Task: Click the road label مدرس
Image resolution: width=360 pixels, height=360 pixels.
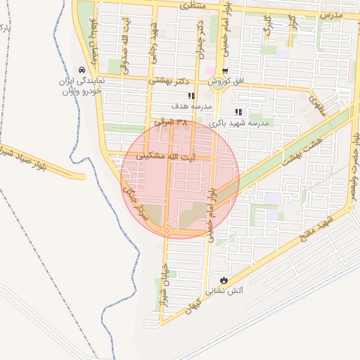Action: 330,14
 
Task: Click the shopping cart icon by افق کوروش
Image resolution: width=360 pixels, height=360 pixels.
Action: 224,72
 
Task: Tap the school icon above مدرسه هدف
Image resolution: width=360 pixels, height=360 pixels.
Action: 191,96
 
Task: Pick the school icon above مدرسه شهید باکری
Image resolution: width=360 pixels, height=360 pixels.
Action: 238,112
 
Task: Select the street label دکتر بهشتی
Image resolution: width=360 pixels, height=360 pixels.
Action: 171,82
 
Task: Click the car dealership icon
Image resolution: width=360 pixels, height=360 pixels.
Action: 83,70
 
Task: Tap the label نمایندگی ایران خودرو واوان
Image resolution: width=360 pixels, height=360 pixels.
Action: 83,86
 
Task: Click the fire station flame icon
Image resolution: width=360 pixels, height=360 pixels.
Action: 224,279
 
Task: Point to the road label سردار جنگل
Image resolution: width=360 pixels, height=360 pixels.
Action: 135,203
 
